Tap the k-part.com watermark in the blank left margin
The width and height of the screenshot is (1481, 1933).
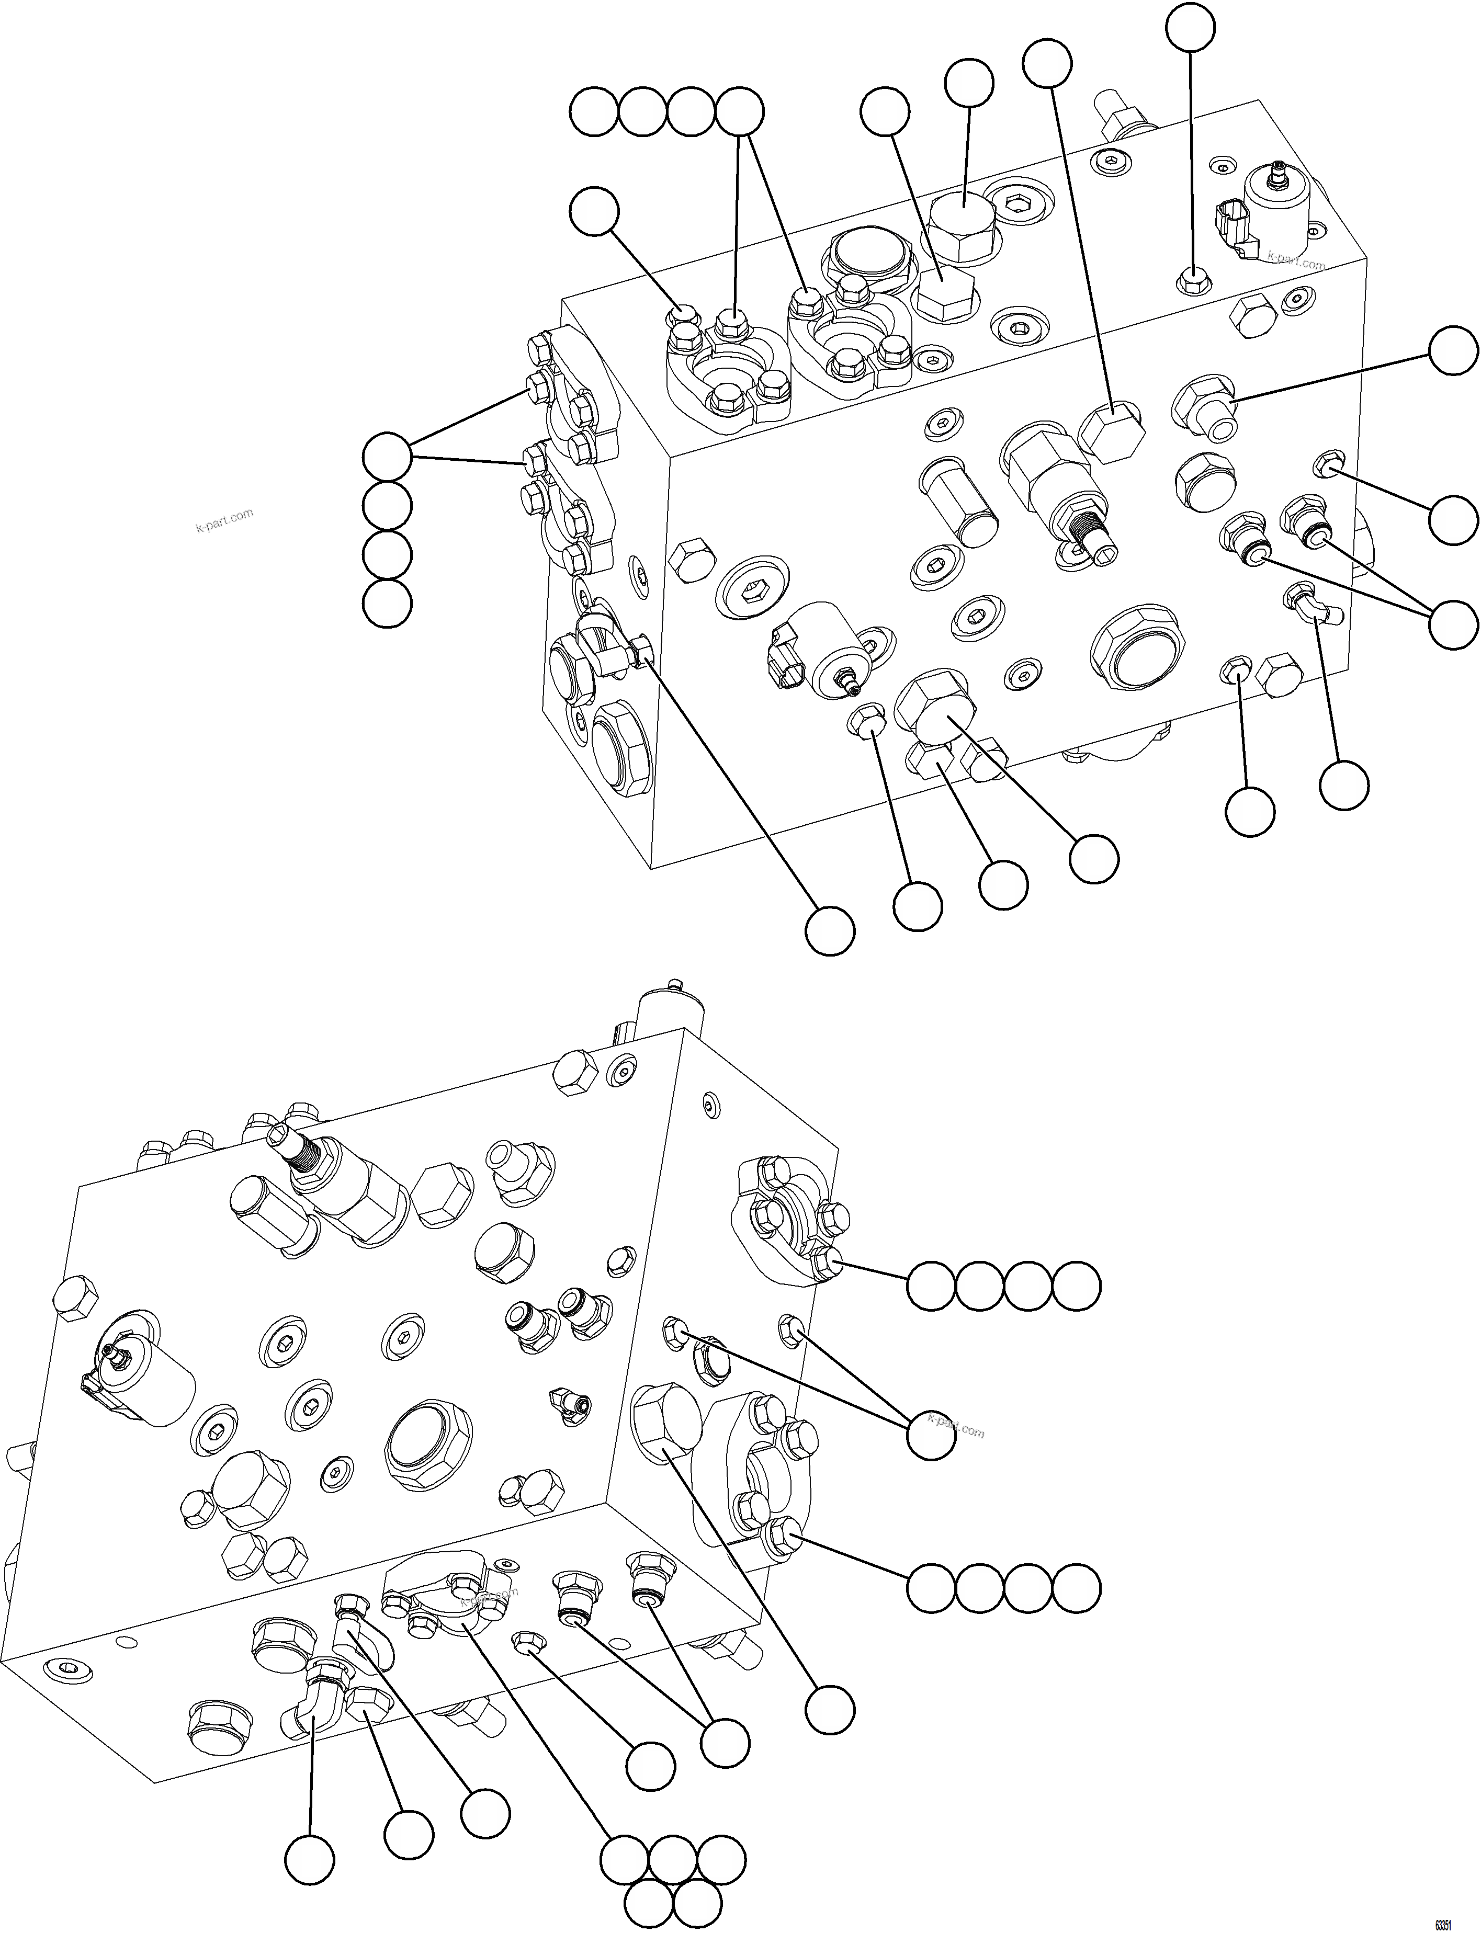tap(224, 522)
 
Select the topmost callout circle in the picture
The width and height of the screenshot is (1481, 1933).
tap(1190, 28)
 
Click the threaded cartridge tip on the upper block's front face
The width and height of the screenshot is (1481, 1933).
tap(1093, 536)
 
